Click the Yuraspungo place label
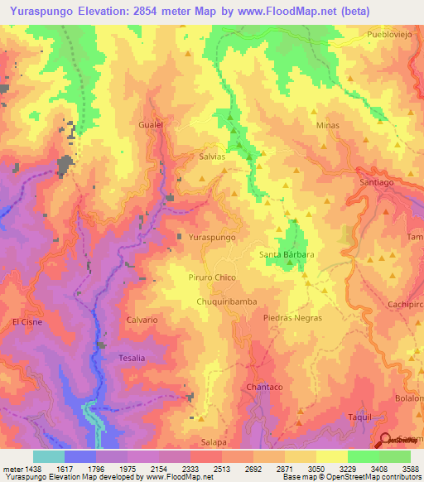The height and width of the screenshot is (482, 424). [x=212, y=237]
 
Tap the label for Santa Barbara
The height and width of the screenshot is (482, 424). [x=287, y=254]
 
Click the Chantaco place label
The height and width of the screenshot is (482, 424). [x=265, y=387]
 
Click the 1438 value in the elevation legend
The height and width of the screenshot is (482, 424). [x=33, y=469]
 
